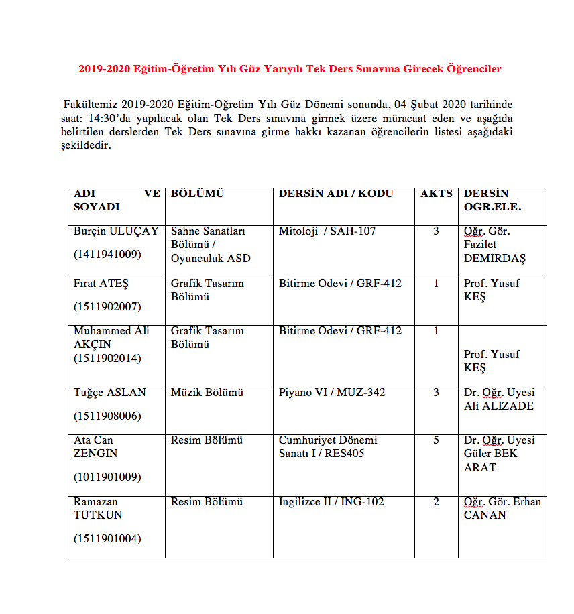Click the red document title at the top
tap(290, 68)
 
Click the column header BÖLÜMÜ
tap(197, 194)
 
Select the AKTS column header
tap(436, 194)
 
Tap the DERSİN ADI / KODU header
tap(336, 194)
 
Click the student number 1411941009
tap(107, 254)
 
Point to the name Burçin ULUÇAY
tap(116, 231)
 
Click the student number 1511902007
tap(107, 306)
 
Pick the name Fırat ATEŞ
tap(101, 284)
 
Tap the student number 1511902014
tap(107, 358)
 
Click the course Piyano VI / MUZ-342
tap(332, 392)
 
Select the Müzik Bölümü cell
tap(207, 392)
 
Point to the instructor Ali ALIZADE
tap(499, 406)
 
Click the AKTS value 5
tap(436, 440)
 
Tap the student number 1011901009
tap(107, 477)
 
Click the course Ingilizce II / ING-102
tap(331, 502)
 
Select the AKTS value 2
tap(436, 502)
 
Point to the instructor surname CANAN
tap(485, 515)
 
